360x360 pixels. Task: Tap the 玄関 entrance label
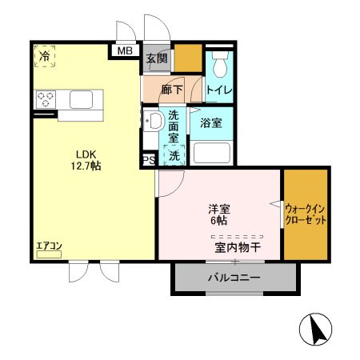(157, 58)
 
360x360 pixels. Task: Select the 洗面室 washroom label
(174, 126)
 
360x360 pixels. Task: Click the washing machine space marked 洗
(174, 154)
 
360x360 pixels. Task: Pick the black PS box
(148, 160)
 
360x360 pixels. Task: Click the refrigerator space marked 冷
(44, 58)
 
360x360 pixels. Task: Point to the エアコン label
(48, 247)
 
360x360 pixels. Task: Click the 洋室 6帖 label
(219, 214)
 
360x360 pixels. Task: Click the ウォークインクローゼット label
(306, 214)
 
